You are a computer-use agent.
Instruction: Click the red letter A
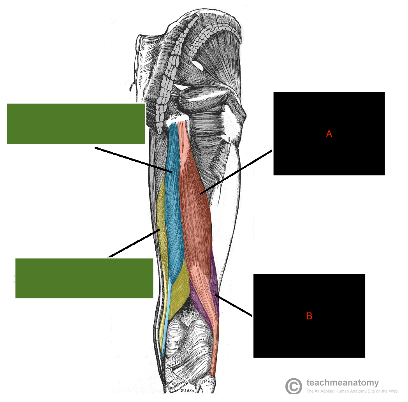click(329, 134)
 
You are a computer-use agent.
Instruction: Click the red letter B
click(309, 316)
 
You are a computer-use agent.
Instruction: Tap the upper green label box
click(76, 123)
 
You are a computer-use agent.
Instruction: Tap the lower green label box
click(84, 278)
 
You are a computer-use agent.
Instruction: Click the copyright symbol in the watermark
click(294, 386)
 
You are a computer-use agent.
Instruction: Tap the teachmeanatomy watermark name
click(342, 383)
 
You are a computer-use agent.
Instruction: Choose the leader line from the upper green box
click(132, 159)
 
